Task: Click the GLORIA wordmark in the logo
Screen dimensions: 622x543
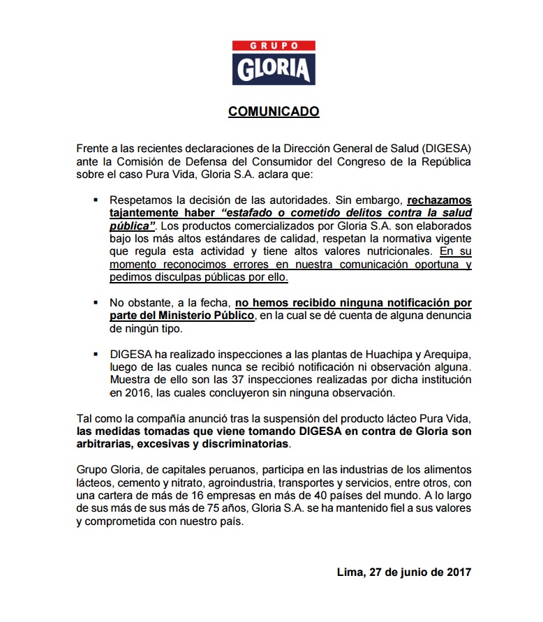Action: [274, 69]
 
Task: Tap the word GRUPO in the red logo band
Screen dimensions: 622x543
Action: [274, 46]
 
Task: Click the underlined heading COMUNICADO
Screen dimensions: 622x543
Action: [274, 112]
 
